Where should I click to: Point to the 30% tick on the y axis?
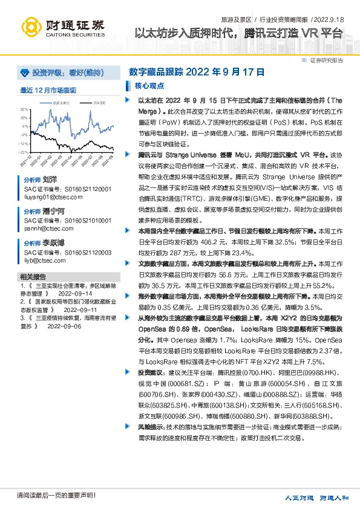(25, 109)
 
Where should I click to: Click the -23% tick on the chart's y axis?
(24, 152)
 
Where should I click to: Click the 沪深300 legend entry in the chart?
(99, 103)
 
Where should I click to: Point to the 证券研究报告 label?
(326, 60)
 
